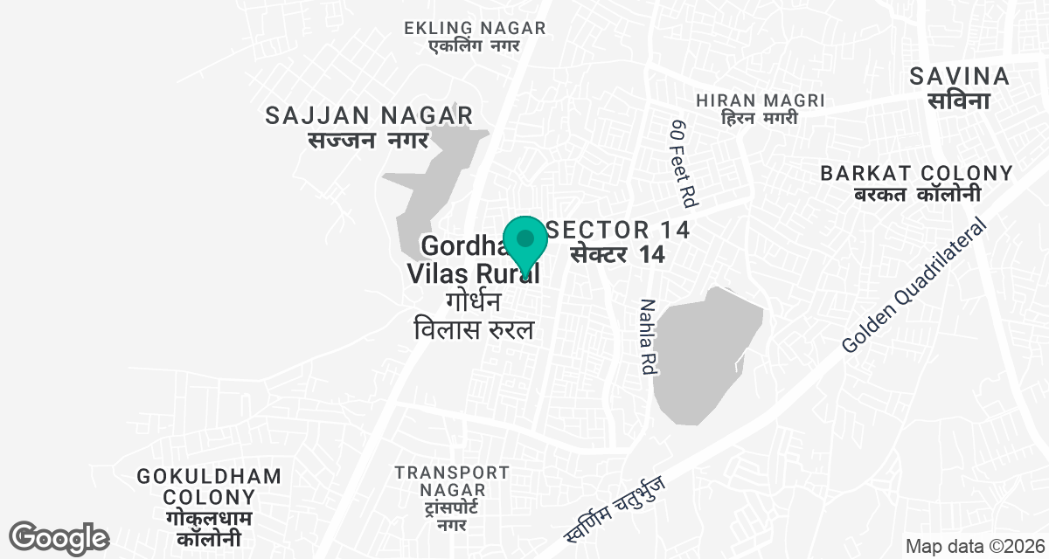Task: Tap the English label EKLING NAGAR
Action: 475,28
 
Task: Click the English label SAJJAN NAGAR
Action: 369,114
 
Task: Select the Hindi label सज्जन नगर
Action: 368,140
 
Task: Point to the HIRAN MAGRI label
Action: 760,100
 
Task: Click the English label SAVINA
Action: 959,76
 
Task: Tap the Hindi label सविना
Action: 959,100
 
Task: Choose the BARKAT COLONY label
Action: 916,173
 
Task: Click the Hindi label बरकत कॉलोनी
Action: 916,195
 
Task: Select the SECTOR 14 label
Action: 618,230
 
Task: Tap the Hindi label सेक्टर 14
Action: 618,255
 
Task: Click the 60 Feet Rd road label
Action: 683,163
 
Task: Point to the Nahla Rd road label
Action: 647,337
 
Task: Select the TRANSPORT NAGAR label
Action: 451,481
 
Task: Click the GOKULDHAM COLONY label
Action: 210,487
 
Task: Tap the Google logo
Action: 59,537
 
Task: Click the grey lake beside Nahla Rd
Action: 704,358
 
